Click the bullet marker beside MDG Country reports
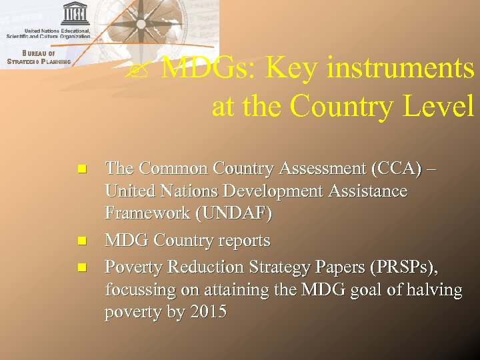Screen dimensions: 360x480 pyautogui.click(x=82, y=241)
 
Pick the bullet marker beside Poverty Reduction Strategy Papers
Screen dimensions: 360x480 pyautogui.click(x=82, y=267)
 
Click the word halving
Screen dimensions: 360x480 pyautogui.click(x=435, y=290)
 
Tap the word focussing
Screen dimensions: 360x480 pyautogui.click(x=139, y=290)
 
